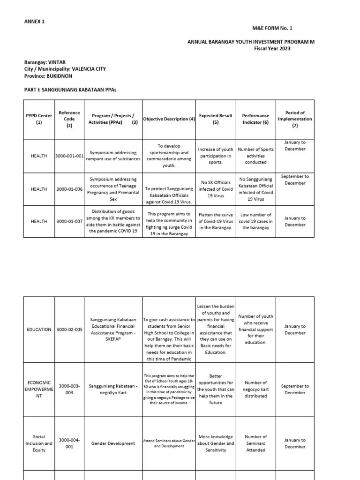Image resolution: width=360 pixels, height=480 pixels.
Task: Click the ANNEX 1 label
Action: tap(34, 22)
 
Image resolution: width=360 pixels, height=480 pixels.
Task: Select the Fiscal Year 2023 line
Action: tap(272, 48)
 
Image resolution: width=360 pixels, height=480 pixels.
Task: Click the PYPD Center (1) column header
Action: tap(39, 119)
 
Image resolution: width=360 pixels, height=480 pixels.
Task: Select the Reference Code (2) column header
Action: tap(69, 119)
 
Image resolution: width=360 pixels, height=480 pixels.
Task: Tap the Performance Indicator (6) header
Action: tap(255, 119)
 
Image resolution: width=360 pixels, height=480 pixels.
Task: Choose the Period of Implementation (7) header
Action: tap(295, 119)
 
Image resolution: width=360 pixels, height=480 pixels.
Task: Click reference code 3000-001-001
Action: tap(69, 156)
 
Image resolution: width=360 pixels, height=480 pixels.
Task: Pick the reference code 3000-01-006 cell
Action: tap(69, 189)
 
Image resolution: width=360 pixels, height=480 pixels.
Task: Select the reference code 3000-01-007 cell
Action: tap(69, 221)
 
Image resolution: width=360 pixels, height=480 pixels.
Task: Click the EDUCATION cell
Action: tap(39, 330)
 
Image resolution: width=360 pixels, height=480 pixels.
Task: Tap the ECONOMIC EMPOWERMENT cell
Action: tap(39, 390)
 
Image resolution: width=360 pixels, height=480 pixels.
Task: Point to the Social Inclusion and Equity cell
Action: tap(39, 443)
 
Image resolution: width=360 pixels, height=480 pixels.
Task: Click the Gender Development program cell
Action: tap(113, 443)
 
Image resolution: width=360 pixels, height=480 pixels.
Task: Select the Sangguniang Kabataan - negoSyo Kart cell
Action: tap(113, 390)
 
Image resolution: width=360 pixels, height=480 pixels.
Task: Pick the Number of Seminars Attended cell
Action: tap(255, 443)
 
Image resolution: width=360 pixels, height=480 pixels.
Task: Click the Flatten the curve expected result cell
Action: tap(215, 221)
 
